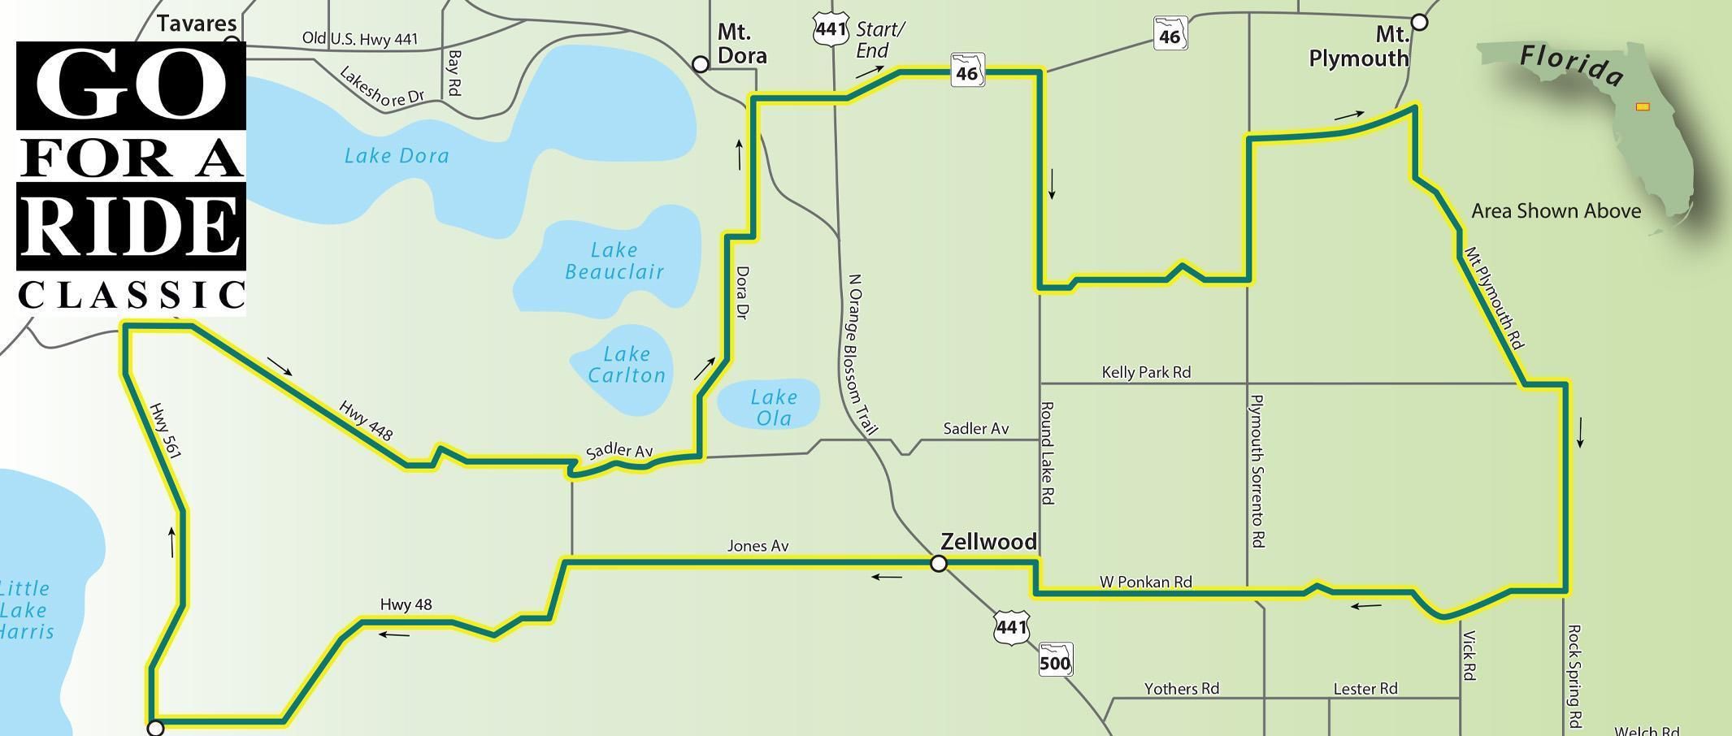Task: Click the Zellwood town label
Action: [988, 542]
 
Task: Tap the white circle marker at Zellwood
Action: [939, 563]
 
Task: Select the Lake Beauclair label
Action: [614, 261]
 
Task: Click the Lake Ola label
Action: [773, 408]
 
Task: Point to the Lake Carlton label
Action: [626, 365]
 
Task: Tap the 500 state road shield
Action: [1055, 660]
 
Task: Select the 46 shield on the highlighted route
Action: [967, 71]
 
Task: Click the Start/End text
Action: [879, 40]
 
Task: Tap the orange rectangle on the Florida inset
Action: [1643, 106]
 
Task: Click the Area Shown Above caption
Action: [1556, 211]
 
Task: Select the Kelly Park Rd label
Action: [1146, 372]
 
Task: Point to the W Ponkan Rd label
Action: [1145, 582]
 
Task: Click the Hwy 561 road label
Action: [164, 431]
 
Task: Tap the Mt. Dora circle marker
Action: [700, 64]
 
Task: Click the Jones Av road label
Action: [757, 546]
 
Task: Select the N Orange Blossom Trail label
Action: [862, 354]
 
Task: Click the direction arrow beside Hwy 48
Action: [394, 634]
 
